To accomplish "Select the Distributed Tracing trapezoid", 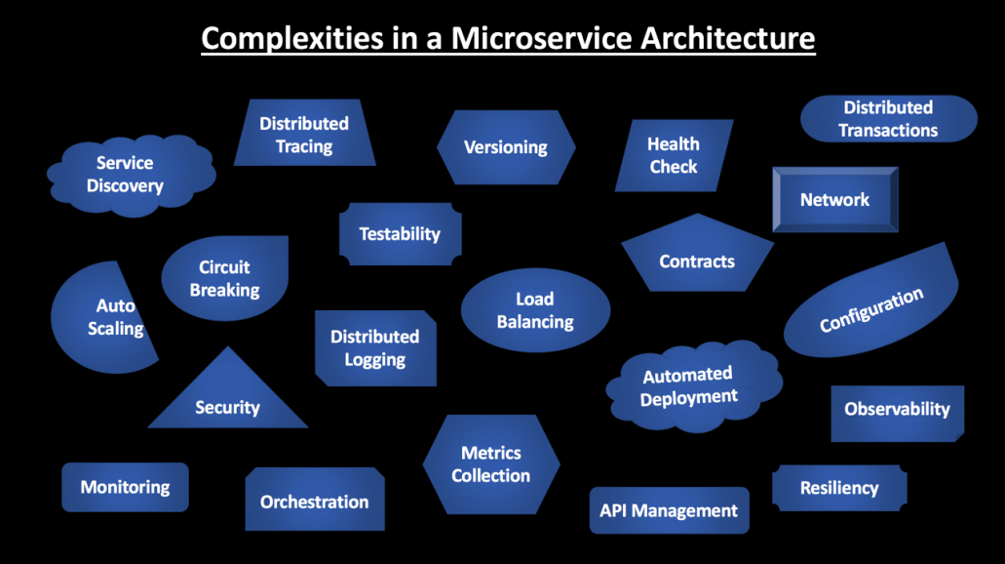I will [x=304, y=135].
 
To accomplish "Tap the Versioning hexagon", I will [x=505, y=147].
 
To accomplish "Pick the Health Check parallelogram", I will [x=674, y=155].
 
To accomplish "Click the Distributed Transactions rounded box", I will [x=888, y=118].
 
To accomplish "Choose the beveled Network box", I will [x=834, y=199].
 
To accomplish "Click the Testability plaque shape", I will [x=400, y=234].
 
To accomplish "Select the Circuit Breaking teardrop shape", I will [x=224, y=278].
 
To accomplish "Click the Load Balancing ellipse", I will [x=535, y=310].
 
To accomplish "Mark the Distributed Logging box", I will [x=374, y=348].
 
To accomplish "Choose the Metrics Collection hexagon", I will [x=490, y=464].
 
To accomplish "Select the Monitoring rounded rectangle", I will [x=125, y=487].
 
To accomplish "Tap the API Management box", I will [x=669, y=510].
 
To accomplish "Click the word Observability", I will [x=897, y=409].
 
